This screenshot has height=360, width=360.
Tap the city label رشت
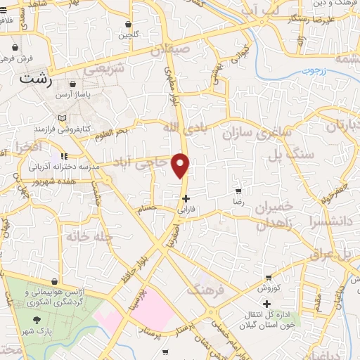coord(35,78)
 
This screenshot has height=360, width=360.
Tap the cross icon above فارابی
coord(185,198)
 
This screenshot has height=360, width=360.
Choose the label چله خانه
coord(89,237)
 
